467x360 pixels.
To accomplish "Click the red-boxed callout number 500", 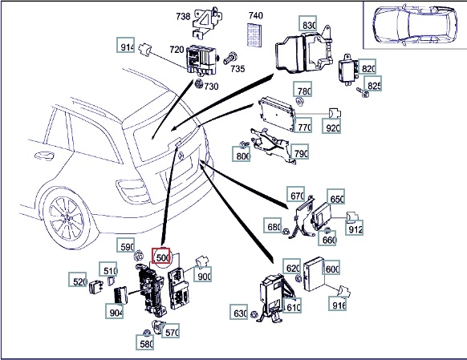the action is [161, 256].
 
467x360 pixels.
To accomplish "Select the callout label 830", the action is [308, 23].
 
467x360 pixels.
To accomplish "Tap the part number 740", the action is [255, 15].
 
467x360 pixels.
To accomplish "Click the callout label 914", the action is [126, 45].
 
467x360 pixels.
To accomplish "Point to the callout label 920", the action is [331, 126].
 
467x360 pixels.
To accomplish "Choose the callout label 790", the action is [299, 152].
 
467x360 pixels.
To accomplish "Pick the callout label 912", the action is [355, 228].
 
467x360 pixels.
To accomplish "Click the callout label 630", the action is [239, 312].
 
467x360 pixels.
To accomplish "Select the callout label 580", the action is [145, 342].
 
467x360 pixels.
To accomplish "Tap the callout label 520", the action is [78, 280].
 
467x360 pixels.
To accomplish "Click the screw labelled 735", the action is [229, 58].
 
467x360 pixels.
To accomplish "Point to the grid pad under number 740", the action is [255, 34].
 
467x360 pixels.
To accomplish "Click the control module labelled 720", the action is [201, 60].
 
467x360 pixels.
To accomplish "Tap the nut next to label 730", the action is [199, 84].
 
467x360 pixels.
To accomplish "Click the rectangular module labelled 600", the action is [313, 273].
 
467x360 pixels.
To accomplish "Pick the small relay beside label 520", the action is [96, 287].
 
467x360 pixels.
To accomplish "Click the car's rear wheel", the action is [67, 217].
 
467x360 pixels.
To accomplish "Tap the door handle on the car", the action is [44, 156].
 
